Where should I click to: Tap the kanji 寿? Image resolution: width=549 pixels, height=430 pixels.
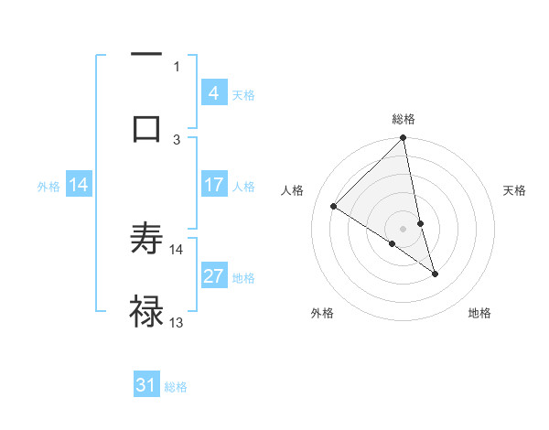[x=146, y=240]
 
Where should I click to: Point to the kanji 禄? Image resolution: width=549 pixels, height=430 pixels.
[x=146, y=311]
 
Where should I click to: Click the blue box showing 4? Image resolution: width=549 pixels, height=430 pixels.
[x=213, y=93]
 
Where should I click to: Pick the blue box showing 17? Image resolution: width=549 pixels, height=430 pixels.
[x=213, y=185]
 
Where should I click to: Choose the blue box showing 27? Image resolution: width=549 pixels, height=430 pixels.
[x=213, y=276]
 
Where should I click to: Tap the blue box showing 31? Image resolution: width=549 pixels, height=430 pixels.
[x=146, y=386]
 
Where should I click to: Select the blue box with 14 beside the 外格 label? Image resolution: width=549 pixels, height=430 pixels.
[x=79, y=186]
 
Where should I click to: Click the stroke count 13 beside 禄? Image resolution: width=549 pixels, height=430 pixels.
[x=177, y=322]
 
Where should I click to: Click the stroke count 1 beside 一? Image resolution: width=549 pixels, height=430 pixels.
[x=177, y=65]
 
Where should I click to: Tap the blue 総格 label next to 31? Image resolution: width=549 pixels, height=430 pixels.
[x=176, y=387]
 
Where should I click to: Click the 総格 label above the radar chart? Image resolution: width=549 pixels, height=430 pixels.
[x=404, y=119]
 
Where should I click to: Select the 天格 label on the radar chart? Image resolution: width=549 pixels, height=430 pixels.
[x=515, y=190]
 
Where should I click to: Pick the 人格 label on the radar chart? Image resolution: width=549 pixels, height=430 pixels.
[x=295, y=190]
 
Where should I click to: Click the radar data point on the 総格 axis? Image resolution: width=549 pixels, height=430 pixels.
[x=404, y=138]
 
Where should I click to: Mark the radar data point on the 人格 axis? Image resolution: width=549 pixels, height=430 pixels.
[x=334, y=206]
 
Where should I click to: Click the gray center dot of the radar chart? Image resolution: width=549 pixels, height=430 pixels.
[x=404, y=228]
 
